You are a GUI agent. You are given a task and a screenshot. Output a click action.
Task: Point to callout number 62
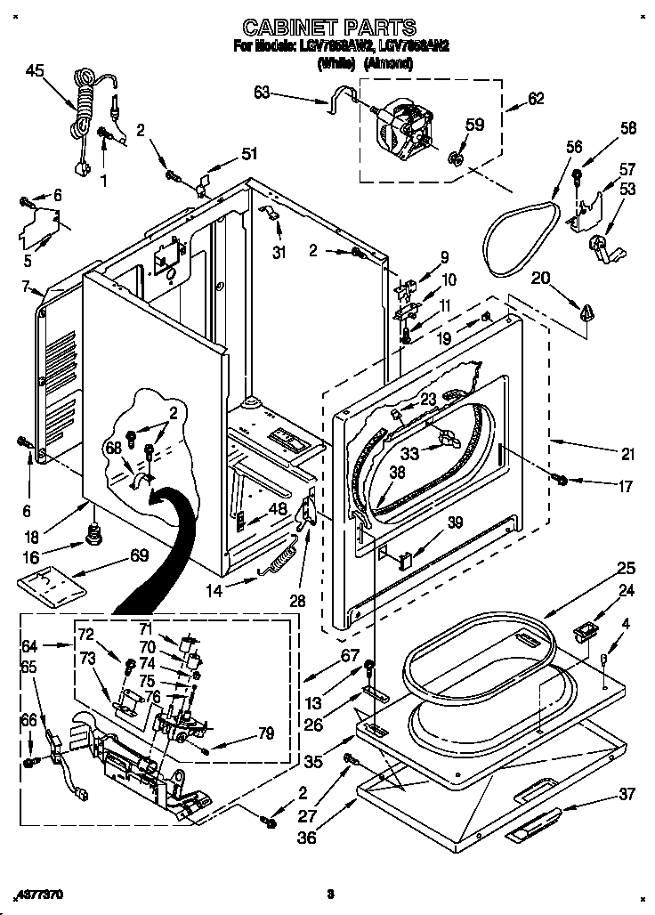536,99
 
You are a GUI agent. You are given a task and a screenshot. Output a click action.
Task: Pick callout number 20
542,279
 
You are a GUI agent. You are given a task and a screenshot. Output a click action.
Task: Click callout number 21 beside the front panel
628,455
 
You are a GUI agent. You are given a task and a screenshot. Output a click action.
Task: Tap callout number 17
626,487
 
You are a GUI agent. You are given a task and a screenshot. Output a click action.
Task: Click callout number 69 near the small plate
139,556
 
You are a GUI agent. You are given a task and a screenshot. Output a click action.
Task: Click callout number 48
278,510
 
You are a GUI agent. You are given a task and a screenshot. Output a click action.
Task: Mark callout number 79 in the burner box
266,733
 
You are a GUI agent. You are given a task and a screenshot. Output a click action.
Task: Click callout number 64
29,646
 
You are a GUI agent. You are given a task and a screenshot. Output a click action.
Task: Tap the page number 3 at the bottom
329,893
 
